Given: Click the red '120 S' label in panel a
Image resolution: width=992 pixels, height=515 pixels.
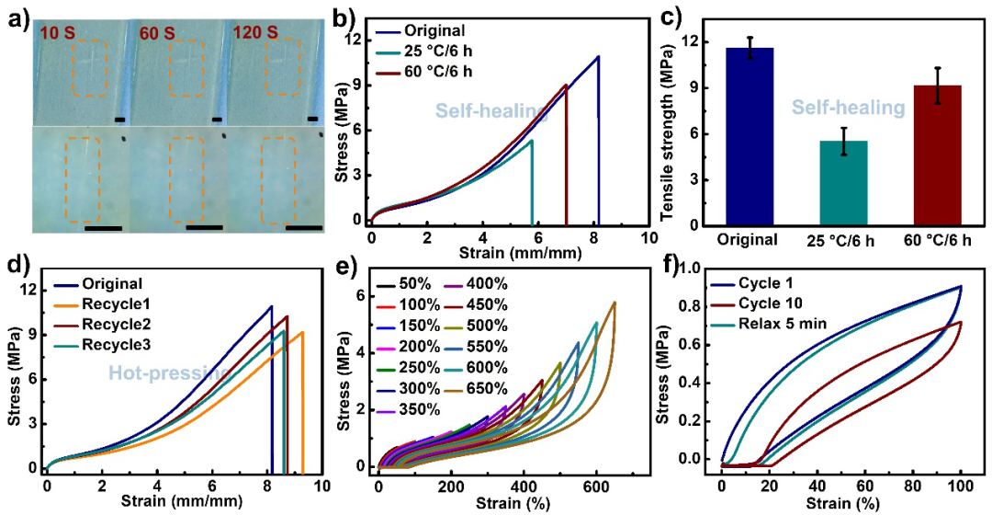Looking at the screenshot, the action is click(x=257, y=31).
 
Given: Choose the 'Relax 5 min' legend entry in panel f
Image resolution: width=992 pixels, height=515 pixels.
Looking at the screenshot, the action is click(x=772, y=325).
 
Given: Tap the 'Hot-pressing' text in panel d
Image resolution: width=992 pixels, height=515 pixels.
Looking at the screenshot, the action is click(x=170, y=373).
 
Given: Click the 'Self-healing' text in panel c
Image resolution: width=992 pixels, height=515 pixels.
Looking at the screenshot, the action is click(x=849, y=108).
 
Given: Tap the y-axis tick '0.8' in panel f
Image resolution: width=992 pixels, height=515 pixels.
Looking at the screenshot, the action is click(x=697, y=306).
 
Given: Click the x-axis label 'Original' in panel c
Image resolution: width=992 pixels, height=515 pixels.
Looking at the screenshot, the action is click(x=747, y=240).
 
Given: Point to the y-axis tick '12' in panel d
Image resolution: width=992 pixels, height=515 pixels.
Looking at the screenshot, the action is click(x=28, y=291).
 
